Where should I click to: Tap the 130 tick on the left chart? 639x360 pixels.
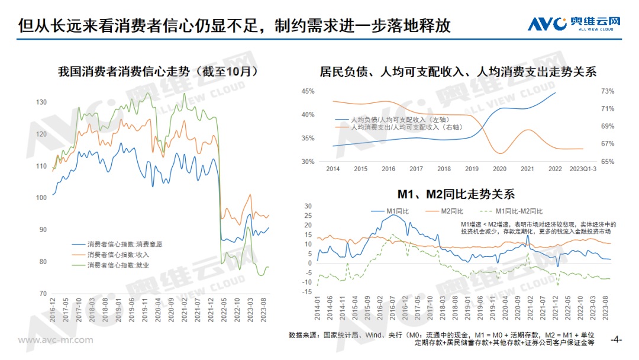point(41,102)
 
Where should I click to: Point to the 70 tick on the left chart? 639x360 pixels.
point(43,294)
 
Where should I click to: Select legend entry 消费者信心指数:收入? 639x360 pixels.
point(118,255)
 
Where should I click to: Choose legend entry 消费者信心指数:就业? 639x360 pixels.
point(118,265)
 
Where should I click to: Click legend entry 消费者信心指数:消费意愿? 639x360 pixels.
point(124,244)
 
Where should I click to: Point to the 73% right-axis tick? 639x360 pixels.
point(608,91)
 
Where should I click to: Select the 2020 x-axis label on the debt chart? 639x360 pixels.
point(499,169)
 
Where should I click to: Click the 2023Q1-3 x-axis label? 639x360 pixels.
point(583,169)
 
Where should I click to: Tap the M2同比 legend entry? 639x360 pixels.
point(455,211)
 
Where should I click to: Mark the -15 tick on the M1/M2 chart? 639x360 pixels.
point(307,282)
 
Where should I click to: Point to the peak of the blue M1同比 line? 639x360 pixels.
point(393,215)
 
